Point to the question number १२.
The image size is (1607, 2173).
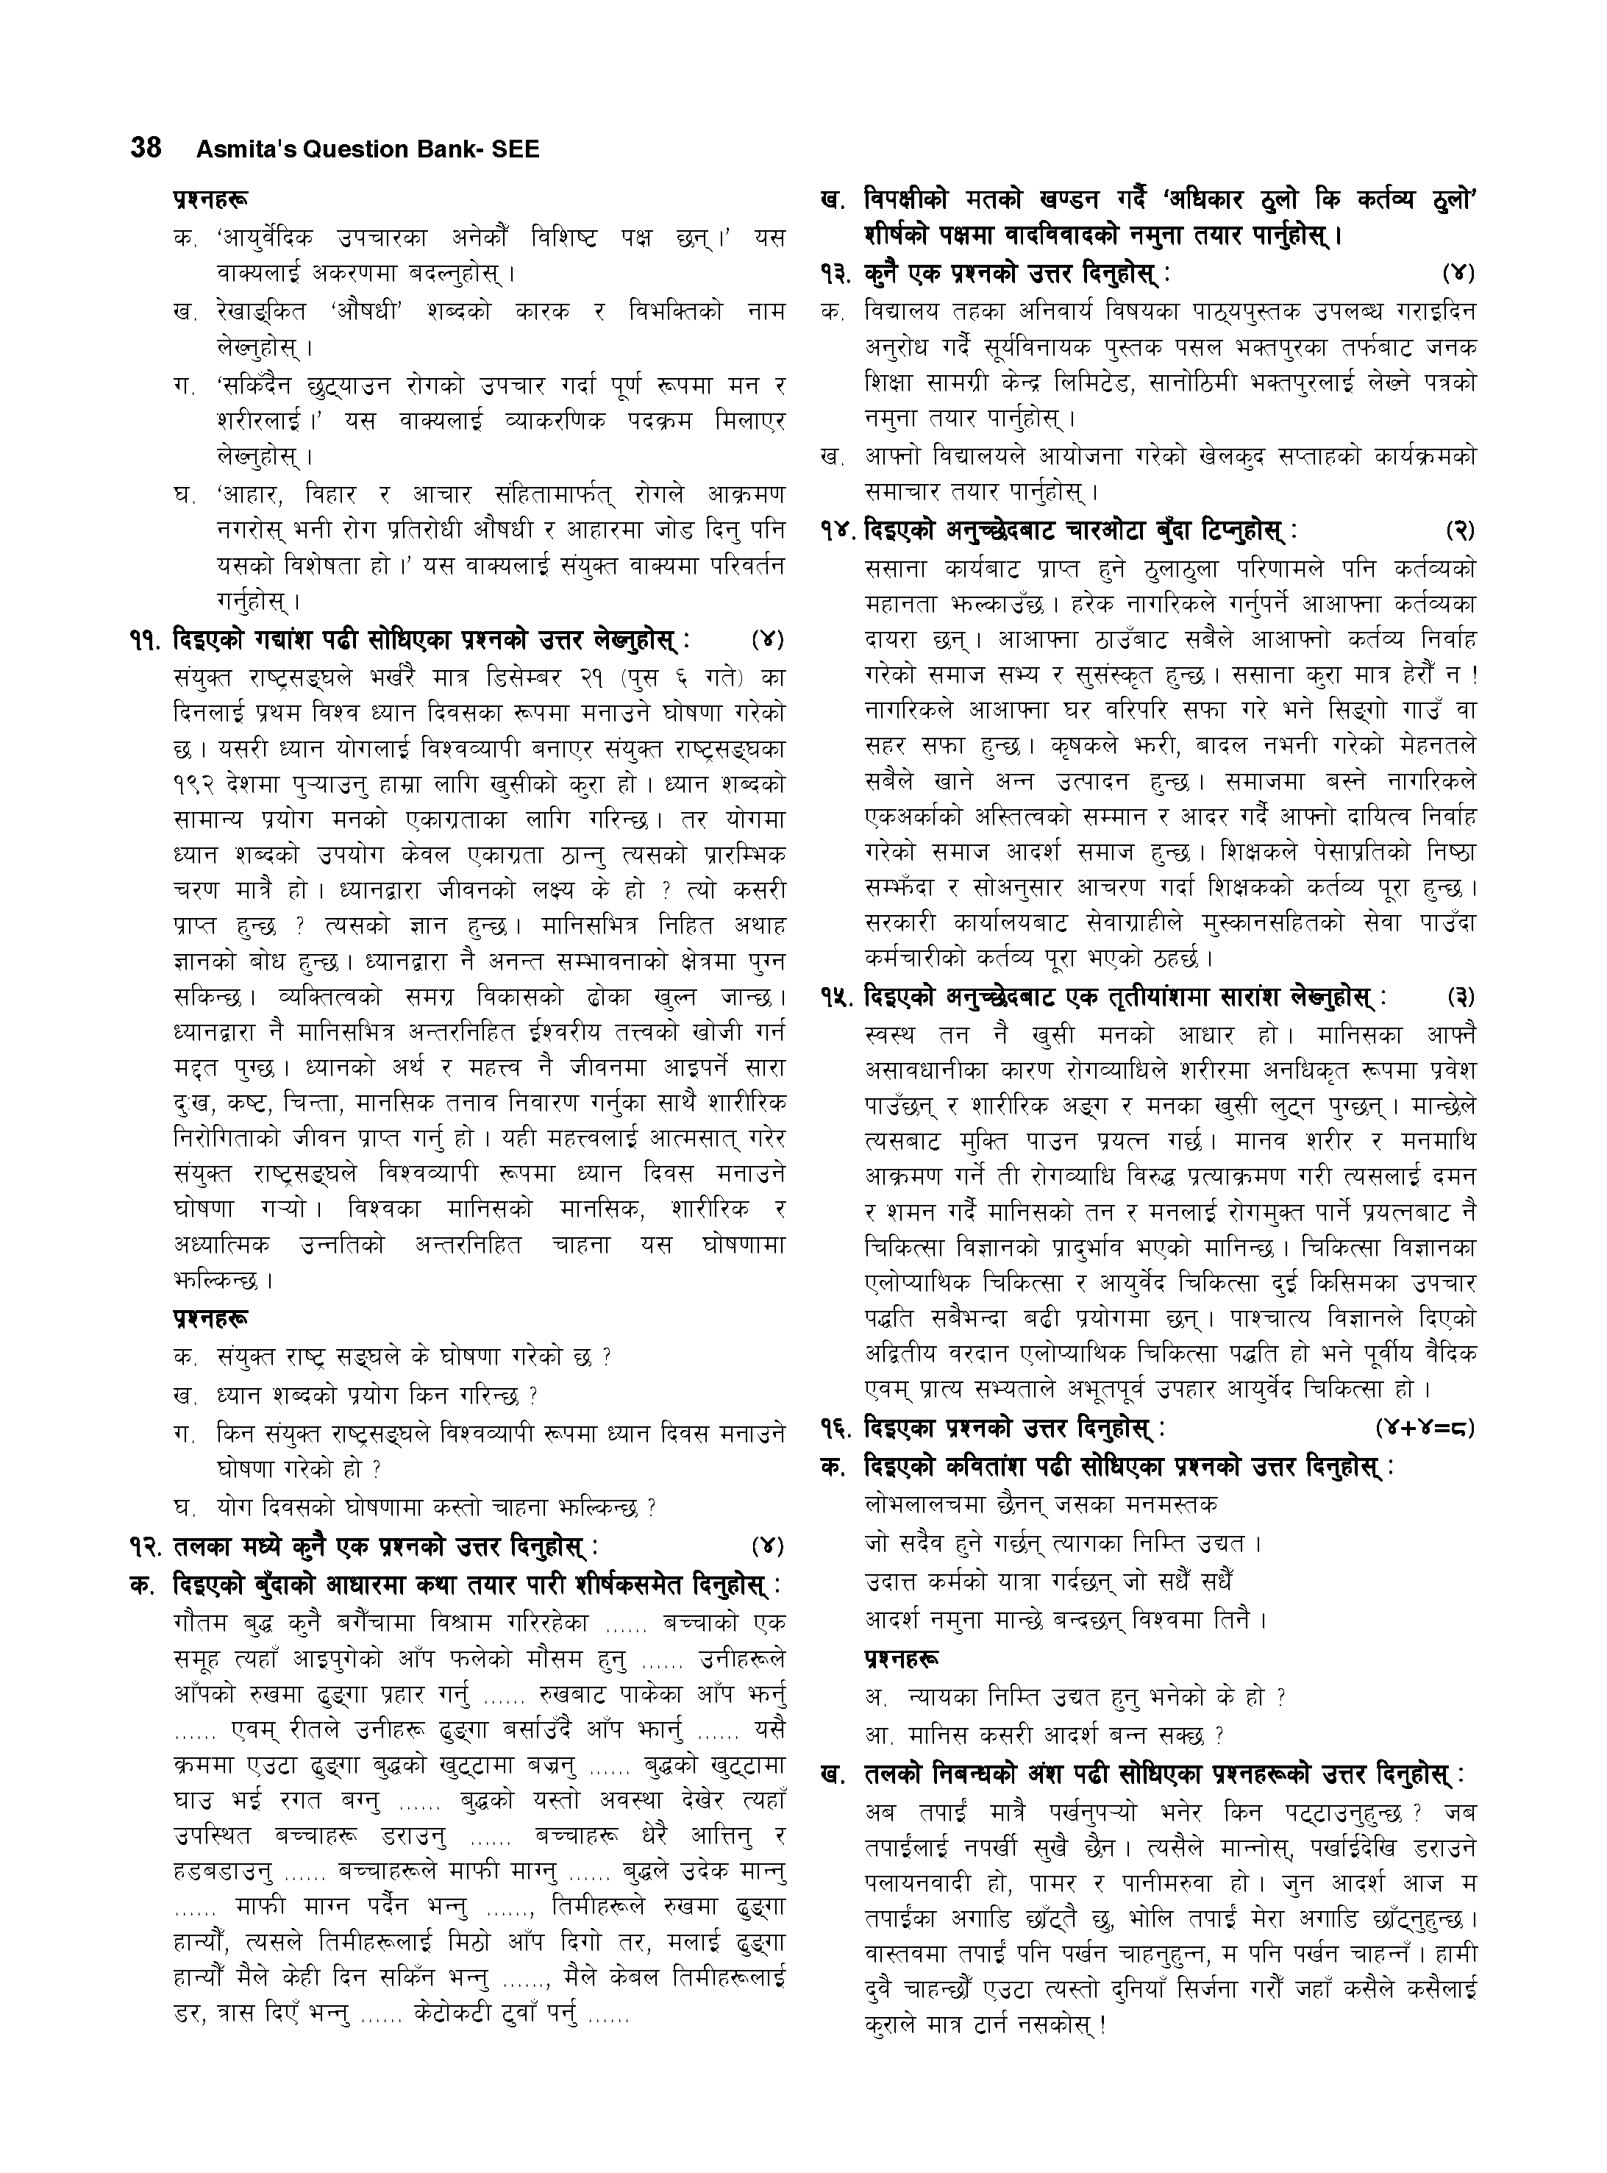click(x=148, y=1546)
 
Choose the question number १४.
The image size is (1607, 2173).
click(x=839, y=531)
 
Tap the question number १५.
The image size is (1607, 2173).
click(x=839, y=997)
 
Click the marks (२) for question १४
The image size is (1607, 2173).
click(x=1459, y=531)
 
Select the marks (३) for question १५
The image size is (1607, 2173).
click(x=1459, y=997)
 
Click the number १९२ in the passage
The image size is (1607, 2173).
click(x=192, y=785)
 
